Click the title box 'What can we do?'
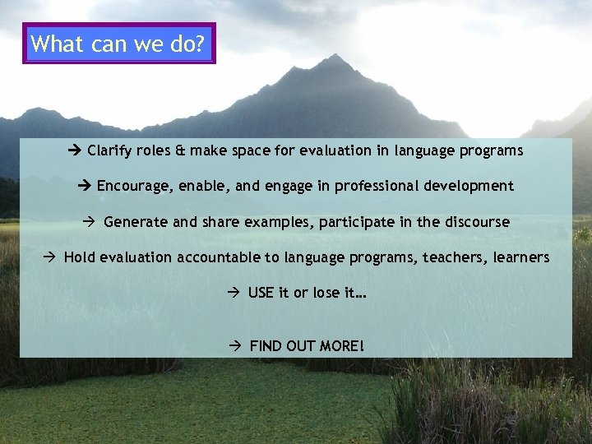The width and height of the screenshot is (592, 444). click(x=119, y=44)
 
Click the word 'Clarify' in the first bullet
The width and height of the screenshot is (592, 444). click(x=109, y=150)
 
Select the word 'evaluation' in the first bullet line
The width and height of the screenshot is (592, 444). click(x=335, y=150)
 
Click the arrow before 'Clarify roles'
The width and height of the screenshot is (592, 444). click(x=76, y=150)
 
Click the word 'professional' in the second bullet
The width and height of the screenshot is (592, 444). click(x=372, y=186)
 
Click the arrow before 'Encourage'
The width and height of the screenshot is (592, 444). click(x=86, y=186)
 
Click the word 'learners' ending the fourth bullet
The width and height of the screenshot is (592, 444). click(x=521, y=257)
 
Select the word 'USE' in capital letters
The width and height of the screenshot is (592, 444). click(x=261, y=293)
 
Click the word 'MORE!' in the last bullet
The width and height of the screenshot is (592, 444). click(x=340, y=345)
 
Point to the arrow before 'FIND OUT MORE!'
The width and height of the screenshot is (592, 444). click(x=235, y=345)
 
